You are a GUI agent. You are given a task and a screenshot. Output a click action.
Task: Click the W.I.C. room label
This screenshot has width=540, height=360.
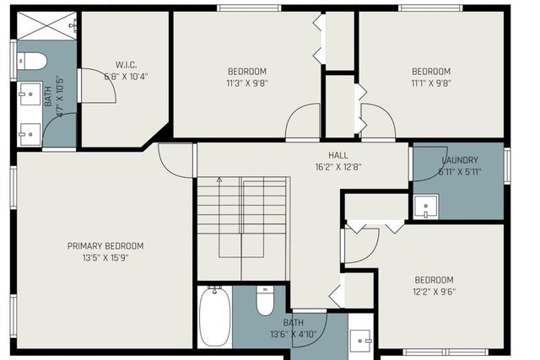tap(126, 65)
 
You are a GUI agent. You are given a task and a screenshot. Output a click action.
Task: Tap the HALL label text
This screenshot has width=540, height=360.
tap(315, 155)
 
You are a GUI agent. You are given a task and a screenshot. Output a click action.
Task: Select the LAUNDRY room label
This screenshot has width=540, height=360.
tap(460, 160)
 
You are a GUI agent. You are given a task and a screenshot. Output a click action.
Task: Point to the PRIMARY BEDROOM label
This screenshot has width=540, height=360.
tap(105, 246)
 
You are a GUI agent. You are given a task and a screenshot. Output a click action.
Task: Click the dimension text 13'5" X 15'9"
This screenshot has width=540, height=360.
tap(105, 258)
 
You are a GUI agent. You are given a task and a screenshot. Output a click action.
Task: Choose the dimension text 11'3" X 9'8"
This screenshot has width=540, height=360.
tap(247, 83)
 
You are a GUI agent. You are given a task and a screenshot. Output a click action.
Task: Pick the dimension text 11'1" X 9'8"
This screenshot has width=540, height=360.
tap(430, 83)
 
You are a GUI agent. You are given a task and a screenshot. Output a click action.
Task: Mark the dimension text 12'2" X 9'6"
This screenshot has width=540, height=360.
tap(434, 292)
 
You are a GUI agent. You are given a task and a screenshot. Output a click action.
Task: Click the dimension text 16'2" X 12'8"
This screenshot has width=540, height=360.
tap(315, 167)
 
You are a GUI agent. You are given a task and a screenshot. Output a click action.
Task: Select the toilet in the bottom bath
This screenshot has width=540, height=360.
tap(265, 300)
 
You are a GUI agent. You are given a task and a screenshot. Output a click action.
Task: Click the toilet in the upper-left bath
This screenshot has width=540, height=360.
tap(33, 61)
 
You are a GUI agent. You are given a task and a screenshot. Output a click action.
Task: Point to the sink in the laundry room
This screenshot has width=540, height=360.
tap(426, 207)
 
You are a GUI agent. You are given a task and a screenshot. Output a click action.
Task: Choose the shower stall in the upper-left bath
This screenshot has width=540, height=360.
tap(47, 26)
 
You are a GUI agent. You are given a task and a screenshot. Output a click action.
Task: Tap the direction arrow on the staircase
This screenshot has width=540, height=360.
tap(219, 180)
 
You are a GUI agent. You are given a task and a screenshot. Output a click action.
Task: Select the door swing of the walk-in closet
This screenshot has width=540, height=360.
tap(96, 87)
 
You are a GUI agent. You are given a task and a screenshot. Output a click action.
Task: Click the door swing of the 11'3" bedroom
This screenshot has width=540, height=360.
tap(302, 125)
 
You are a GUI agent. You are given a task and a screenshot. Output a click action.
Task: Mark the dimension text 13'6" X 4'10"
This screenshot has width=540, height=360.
tap(293, 334)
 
